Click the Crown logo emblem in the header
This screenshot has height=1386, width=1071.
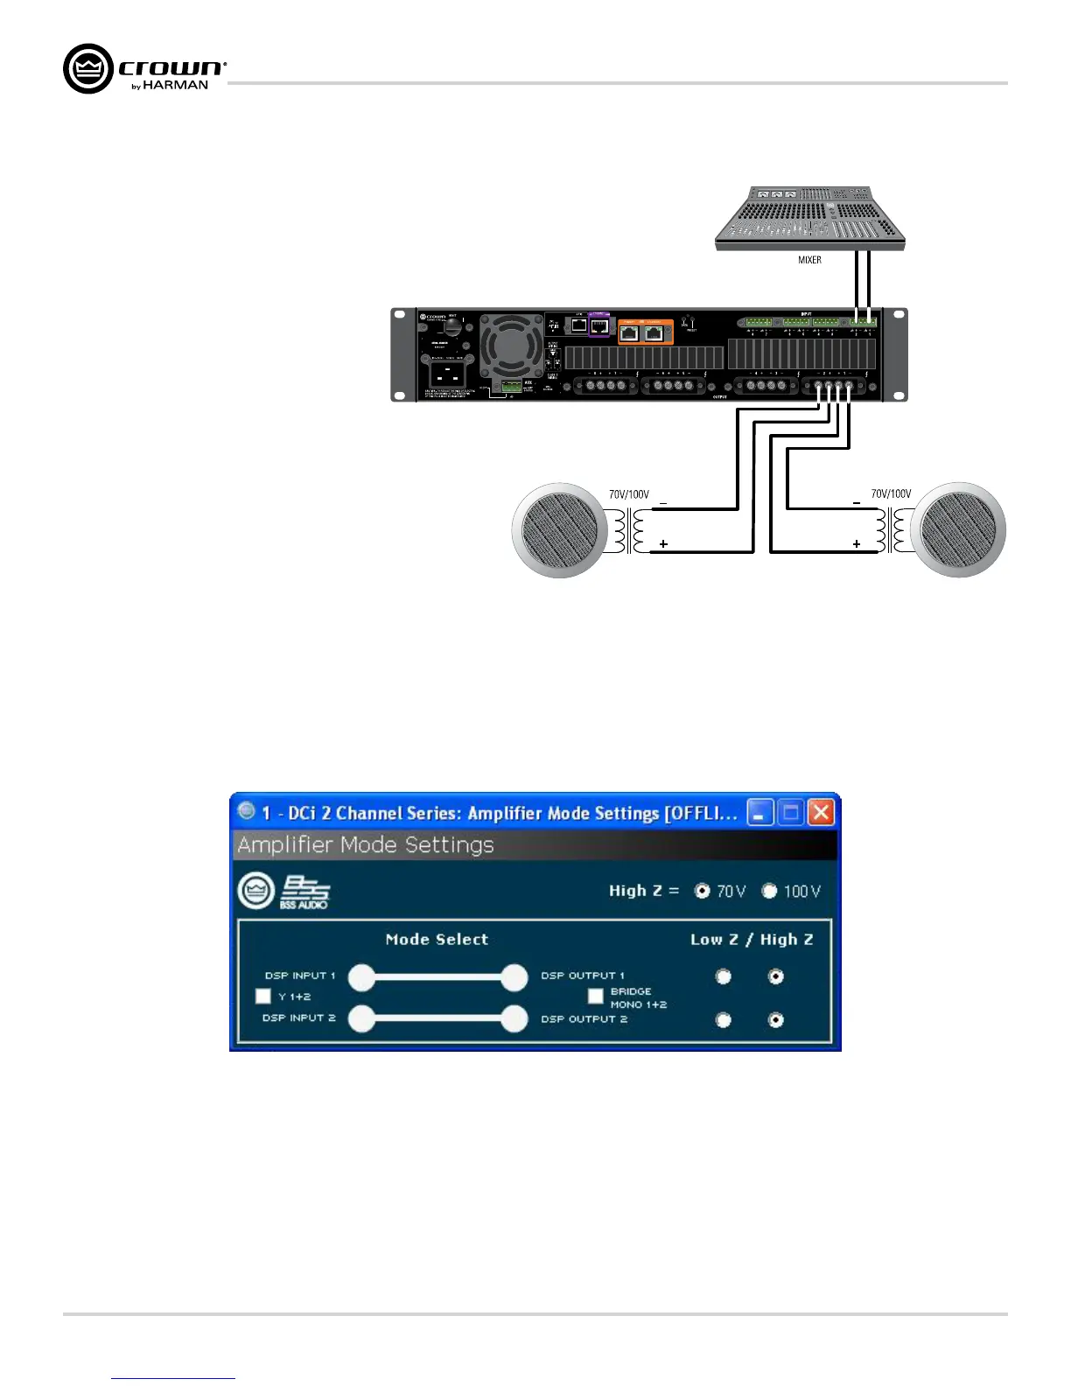click(88, 68)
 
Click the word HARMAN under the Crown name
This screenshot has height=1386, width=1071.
click(175, 86)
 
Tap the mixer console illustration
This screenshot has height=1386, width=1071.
click(810, 218)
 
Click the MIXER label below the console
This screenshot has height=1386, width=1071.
click(809, 260)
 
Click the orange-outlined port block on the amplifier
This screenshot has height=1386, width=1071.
click(646, 332)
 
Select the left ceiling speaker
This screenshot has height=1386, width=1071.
click(559, 530)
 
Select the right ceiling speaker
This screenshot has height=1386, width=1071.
click(958, 530)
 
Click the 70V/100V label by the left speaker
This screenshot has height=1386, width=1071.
click(629, 494)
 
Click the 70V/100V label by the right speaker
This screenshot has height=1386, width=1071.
click(891, 494)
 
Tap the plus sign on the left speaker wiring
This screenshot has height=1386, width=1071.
click(663, 544)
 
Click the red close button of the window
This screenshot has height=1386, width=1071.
click(821, 813)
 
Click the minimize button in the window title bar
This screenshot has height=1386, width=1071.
click(759, 813)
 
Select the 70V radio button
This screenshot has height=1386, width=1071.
click(702, 891)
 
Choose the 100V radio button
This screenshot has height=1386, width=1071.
click(769, 891)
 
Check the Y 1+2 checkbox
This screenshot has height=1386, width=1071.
click(263, 996)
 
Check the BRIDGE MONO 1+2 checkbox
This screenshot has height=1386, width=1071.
click(596, 996)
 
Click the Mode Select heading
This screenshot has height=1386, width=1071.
click(437, 939)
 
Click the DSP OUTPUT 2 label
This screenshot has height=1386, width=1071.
click(584, 1018)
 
